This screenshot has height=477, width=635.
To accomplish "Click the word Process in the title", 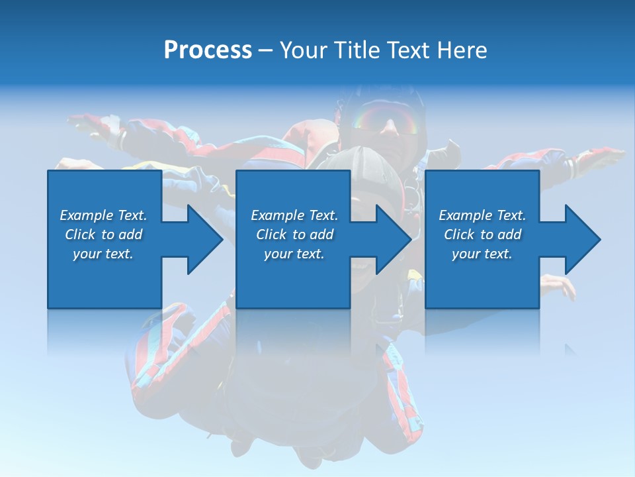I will tap(208, 50).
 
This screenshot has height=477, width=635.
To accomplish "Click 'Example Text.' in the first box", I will tap(103, 215).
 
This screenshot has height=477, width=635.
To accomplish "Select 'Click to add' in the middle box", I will tap(294, 235).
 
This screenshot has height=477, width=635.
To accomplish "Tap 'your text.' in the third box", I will tap(482, 254).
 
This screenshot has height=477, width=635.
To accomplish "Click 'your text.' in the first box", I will tap(103, 254).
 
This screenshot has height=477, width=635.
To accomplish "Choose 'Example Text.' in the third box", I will tap(482, 215).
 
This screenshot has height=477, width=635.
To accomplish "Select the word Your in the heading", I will tap(303, 50).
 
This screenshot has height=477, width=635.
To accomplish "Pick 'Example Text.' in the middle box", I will tap(294, 215).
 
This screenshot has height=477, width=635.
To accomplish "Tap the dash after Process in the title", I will tap(266, 50).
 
